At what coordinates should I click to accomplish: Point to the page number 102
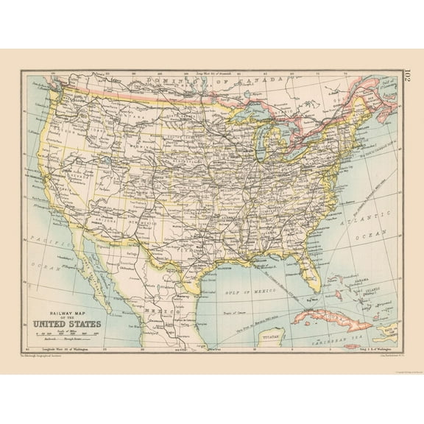click(x=406, y=77)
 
